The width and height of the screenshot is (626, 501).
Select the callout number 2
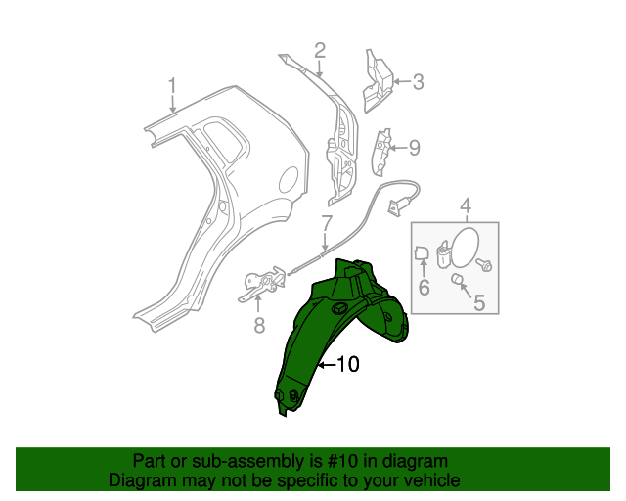[320, 50]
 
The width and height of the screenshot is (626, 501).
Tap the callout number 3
[418, 82]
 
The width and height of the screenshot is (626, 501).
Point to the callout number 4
[466, 205]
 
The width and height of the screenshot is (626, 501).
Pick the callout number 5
[478, 303]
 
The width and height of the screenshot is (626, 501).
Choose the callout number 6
[425, 288]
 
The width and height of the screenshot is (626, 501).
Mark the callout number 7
[327, 223]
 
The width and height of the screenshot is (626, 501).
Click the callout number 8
[259, 325]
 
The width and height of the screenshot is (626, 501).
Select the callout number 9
[414, 148]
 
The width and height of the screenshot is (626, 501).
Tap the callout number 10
[347, 365]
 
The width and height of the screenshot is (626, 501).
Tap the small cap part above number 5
[456, 281]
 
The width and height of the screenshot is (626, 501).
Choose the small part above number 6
[422, 254]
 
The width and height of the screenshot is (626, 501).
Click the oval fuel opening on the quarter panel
[289, 179]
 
